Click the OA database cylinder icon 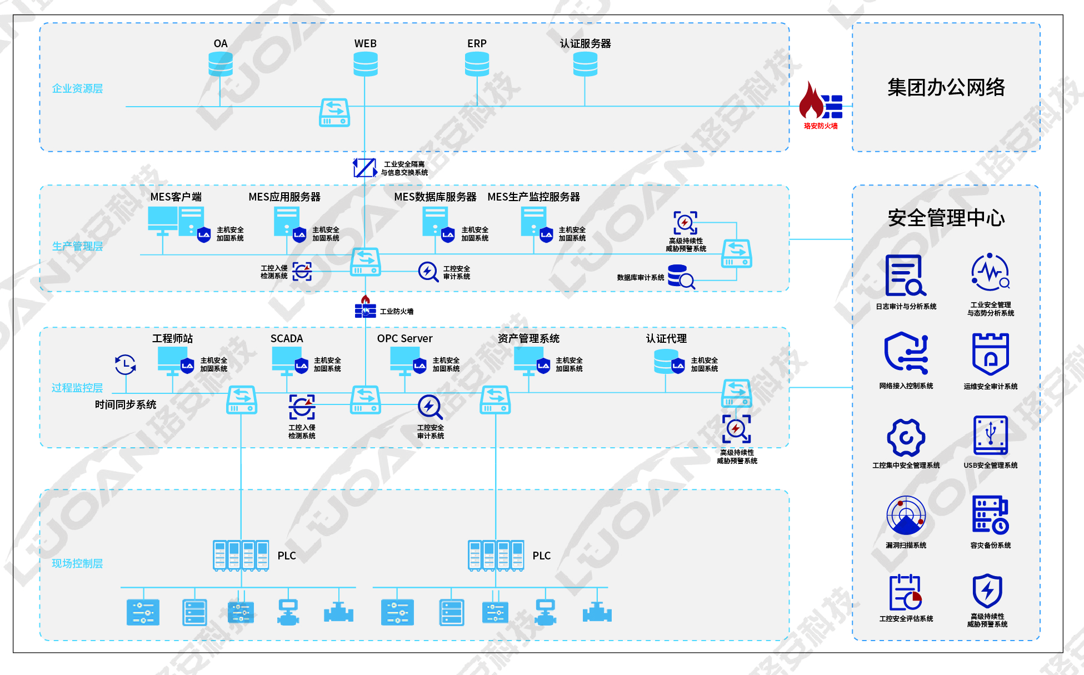click(x=221, y=64)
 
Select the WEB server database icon click(x=366, y=64)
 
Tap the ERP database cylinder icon click(x=477, y=64)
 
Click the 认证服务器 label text click(x=585, y=43)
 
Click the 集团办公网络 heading click(x=946, y=87)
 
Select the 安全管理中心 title click(x=946, y=218)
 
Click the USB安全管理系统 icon click(x=991, y=436)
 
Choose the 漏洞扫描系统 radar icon click(x=906, y=516)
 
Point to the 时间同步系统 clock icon click(x=125, y=364)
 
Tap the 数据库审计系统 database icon click(x=681, y=276)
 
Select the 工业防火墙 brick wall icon click(x=366, y=307)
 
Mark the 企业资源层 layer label click(x=77, y=88)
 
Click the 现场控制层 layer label click(x=77, y=563)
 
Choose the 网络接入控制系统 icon click(x=906, y=353)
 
